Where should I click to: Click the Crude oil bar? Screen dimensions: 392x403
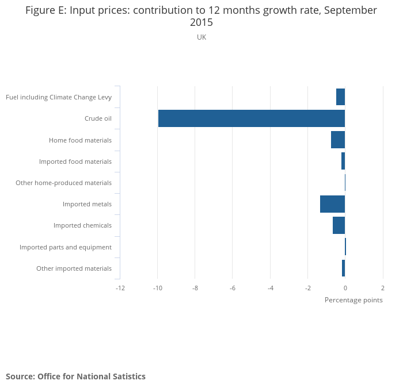coord(252,118)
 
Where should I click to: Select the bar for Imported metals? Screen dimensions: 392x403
coord(332,204)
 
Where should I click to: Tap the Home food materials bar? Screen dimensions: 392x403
coord(338,140)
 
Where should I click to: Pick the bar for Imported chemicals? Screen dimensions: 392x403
coord(339,225)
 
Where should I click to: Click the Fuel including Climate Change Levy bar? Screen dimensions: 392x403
coord(340,97)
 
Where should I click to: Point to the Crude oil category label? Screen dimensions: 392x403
coord(98,118)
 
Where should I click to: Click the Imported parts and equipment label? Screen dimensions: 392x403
coord(66,247)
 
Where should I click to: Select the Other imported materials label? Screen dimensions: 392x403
coord(74,268)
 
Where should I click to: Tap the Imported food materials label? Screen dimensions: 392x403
coord(75,162)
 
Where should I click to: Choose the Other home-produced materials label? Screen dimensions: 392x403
coord(63,183)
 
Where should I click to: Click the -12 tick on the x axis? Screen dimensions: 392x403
coord(120,288)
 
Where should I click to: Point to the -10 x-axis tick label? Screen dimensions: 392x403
coord(157,288)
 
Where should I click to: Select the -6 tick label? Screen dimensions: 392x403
coord(232,288)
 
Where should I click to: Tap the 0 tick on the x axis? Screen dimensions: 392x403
coord(345,288)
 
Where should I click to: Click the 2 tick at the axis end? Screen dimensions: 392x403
coord(383,288)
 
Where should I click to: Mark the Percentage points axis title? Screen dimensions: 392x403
coord(353,300)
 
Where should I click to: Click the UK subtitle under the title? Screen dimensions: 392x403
coord(201,37)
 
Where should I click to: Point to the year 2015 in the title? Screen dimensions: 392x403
coord(201,23)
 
